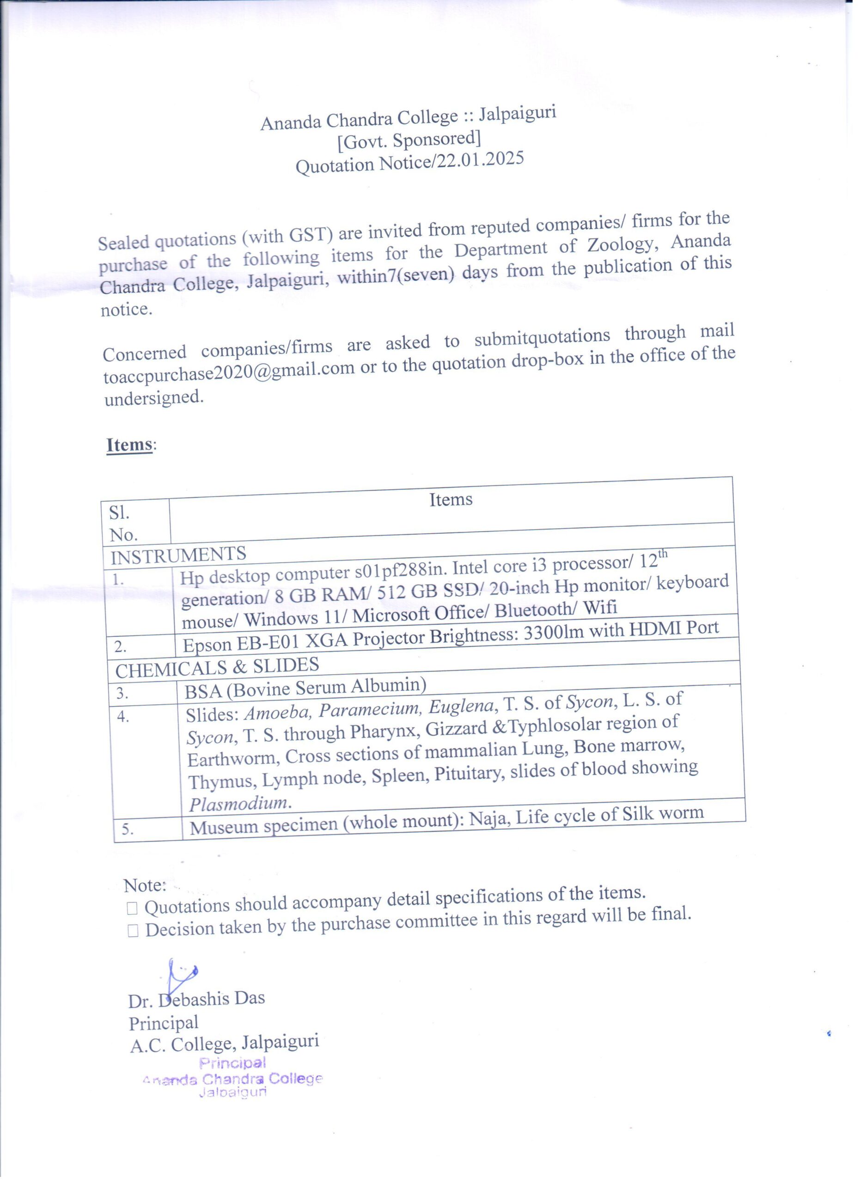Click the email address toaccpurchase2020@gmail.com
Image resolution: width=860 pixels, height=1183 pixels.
click(228, 372)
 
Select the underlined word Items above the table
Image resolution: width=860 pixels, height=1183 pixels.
click(129, 445)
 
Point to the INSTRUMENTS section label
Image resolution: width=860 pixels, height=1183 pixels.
click(178, 556)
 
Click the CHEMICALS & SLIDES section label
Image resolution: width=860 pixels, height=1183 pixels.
click(217, 667)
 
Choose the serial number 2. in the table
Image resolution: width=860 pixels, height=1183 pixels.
click(121, 647)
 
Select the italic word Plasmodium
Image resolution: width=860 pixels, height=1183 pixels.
click(239, 803)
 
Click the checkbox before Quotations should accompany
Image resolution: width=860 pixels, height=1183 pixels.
click(132, 908)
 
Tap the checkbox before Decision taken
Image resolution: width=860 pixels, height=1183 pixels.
click(133, 931)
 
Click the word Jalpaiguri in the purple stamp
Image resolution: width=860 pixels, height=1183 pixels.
click(232, 1092)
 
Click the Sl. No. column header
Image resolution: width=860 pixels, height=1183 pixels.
click(123, 524)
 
